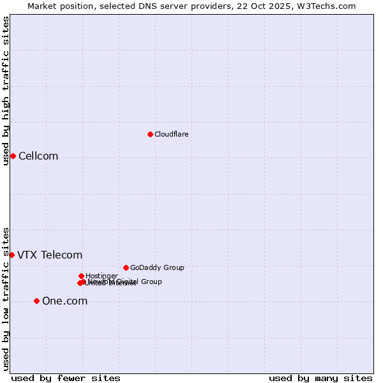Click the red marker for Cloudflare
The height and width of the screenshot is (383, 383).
150,134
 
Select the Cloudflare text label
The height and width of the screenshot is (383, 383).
171,134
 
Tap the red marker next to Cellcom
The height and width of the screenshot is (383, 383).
13,156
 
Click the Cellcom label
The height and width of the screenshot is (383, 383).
38,156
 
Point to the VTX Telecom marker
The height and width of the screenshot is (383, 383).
11,255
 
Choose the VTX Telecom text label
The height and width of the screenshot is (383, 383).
50,255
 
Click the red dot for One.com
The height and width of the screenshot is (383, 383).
36,301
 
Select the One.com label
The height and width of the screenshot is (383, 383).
64,301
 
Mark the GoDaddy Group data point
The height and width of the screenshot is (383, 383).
126,267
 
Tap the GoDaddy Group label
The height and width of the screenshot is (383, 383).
157,267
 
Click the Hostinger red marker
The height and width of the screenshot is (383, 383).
81,276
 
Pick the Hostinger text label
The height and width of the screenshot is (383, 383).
101,276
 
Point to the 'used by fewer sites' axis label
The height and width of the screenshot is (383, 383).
66,378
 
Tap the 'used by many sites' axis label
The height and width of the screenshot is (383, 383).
320,378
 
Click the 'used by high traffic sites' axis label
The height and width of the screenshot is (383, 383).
6,91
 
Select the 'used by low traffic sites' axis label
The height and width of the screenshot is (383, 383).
6,298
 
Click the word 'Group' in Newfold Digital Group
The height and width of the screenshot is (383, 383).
151,282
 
